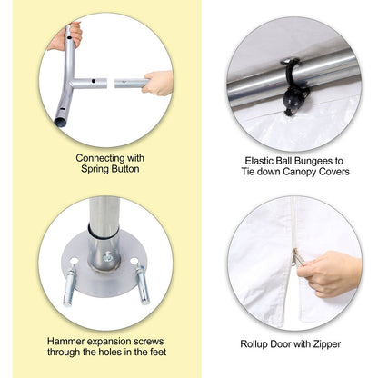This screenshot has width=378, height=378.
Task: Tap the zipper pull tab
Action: [x=296, y=258]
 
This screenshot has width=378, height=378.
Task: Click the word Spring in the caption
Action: [x=95, y=169]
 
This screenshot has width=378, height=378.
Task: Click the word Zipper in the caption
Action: [x=327, y=344]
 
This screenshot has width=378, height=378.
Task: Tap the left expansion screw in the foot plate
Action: [x=70, y=283]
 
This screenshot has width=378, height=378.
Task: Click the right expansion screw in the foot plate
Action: [x=143, y=283]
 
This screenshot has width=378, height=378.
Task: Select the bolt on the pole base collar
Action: [x=107, y=257]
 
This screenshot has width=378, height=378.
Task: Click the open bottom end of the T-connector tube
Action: [x=60, y=123]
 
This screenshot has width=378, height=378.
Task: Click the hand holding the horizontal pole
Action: [x=157, y=83]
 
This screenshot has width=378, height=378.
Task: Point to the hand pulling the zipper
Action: [x=329, y=274]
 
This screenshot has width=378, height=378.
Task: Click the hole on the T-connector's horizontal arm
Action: [x=94, y=81]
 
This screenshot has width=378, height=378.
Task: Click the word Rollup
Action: [x=254, y=344]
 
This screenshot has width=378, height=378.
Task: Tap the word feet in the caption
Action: [x=158, y=352]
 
